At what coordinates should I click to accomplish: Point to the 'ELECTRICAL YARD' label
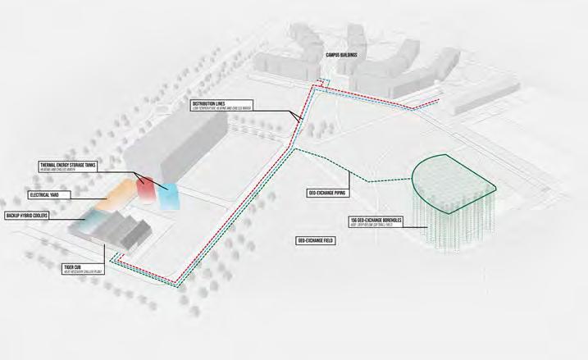(x=51, y=195)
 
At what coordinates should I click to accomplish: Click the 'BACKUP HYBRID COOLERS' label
(x=35, y=215)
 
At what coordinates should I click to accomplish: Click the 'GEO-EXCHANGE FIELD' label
(x=315, y=240)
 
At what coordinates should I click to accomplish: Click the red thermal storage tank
(x=145, y=189)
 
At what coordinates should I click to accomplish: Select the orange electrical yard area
(x=117, y=195)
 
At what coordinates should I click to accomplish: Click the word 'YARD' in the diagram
(x=65, y=195)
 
